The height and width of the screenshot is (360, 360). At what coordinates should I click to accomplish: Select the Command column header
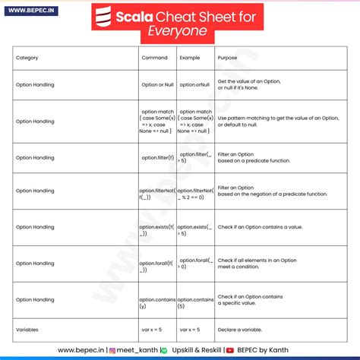(x=155, y=58)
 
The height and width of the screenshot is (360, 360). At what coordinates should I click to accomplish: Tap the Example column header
(x=189, y=58)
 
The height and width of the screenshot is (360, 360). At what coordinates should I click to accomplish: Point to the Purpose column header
(x=227, y=58)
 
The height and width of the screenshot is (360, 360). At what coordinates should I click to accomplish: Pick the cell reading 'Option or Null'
(x=157, y=85)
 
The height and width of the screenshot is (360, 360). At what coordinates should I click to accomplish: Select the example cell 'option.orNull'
(x=195, y=85)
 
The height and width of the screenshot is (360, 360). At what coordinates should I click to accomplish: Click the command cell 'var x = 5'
(x=157, y=330)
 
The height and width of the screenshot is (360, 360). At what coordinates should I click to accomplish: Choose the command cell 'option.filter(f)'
(x=157, y=157)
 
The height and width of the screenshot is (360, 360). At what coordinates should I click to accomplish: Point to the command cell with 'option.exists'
(x=157, y=230)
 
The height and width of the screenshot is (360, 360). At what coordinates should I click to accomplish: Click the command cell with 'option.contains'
(x=157, y=303)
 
